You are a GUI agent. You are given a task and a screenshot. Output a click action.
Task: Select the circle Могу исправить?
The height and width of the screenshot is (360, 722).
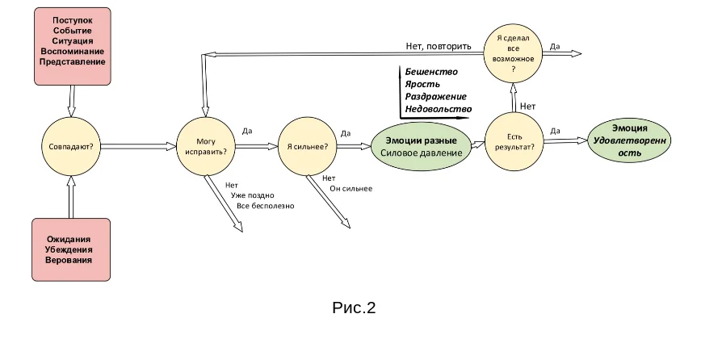click(x=206, y=146)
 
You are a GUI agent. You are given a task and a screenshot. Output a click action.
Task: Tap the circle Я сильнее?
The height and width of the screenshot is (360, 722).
click(x=307, y=146)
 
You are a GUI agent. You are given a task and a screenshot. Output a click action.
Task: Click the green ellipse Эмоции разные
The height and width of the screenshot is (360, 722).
click(x=421, y=146)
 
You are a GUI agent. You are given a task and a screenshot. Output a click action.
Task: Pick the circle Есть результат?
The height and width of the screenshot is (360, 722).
click(x=514, y=142)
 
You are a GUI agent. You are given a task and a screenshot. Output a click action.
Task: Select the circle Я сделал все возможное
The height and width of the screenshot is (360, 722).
click(x=514, y=53)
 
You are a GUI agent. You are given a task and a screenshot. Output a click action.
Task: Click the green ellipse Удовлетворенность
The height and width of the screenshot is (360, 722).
click(x=629, y=140)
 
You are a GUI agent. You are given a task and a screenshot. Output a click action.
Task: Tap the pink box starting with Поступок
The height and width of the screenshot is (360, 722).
click(x=73, y=46)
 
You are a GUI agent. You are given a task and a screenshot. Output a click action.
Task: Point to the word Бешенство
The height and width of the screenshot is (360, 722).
click(x=431, y=72)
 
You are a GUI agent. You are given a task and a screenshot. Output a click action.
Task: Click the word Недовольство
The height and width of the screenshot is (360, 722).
click(x=439, y=108)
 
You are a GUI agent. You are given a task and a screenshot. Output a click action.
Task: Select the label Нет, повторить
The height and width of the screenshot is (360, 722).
click(x=439, y=46)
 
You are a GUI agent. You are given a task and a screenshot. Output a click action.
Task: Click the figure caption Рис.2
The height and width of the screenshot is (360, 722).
click(x=354, y=308)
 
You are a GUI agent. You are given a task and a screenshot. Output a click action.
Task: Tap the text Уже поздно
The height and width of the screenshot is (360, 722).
click(x=253, y=195)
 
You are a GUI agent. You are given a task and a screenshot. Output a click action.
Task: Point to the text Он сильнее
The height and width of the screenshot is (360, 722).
click(x=351, y=189)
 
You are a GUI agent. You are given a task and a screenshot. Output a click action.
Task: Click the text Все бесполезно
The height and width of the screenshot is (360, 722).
click(x=266, y=206)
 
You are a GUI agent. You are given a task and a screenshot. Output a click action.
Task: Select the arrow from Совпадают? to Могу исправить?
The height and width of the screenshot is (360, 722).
click(x=139, y=146)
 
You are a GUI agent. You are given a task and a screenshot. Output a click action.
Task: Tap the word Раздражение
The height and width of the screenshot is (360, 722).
click(x=436, y=96)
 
